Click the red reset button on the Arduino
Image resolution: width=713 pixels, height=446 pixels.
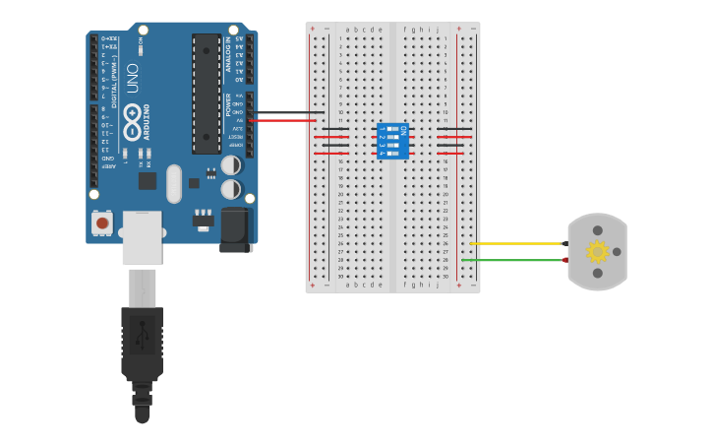point(102,223)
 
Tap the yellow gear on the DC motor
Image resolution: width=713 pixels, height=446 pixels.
point(597,251)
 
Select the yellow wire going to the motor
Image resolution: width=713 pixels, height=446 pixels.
point(516,243)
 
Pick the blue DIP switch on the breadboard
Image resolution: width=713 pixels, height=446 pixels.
point(393,141)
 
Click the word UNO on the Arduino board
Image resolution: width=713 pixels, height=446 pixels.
point(132,78)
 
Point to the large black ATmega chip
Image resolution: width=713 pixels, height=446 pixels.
point(207,94)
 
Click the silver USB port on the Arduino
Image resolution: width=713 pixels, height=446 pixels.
point(142,236)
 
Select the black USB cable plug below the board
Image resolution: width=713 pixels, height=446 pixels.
point(142,345)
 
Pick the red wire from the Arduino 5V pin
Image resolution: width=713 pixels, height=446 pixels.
point(285,120)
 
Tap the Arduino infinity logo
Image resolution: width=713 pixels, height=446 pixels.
point(132,122)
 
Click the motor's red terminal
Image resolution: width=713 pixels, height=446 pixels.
point(565,260)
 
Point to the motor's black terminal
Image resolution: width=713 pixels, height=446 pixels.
point(565,243)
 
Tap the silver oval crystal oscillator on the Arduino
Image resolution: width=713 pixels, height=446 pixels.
point(174,183)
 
